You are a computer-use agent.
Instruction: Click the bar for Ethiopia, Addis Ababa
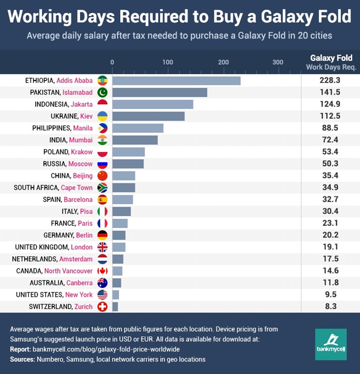176,81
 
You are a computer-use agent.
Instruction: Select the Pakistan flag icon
102,92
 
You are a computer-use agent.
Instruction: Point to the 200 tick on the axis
223,62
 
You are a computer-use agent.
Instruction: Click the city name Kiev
86,116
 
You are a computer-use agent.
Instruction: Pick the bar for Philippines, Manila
138,128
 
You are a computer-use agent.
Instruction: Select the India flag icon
102,140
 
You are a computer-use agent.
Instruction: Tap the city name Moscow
80,164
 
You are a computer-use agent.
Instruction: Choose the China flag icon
102,175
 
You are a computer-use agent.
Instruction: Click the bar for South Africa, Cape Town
123,187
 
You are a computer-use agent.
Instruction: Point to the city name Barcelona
78,199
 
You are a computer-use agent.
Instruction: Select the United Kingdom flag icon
102,247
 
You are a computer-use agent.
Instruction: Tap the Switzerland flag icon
102,306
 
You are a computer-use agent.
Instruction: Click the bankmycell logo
330,344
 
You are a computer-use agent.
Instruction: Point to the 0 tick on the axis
112,62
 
